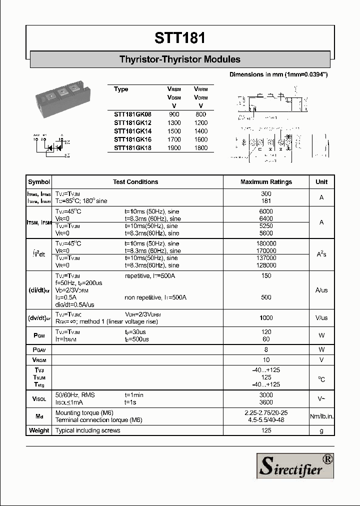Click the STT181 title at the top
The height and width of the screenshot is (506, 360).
pyautogui.click(x=179, y=38)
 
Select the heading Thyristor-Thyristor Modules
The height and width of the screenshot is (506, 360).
pyautogui.click(x=179, y=59)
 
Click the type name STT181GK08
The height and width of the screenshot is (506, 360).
pyautogui.click(x=132, y=114)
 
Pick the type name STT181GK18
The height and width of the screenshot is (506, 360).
pyautogui.click(x=132, y=148)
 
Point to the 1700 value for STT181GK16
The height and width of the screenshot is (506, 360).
pyautogui.click(x=174, y=139)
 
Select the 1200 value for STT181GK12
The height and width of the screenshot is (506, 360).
pyautogui.click(x=200, y=123)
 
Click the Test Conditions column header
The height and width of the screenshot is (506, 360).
pyautogui.click(x=135, y=182)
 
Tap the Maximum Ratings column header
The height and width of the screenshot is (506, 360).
pyautogui.click(x=266, y=182)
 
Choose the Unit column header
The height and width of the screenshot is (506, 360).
pyautogui.click(x=321, y=182)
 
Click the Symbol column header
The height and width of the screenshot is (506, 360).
pyautogui.click(x=39, y=182)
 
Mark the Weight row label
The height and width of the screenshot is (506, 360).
pyautogui.click(x=39, y=430)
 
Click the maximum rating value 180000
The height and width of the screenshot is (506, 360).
pyautogui.click(x=266, y=243)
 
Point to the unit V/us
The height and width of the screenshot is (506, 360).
pyautogui.click(x=321, y=318)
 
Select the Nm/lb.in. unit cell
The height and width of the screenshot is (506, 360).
pyautogui.click(x=321, y=416)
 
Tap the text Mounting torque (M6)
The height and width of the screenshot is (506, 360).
pyautogui.click(x=84, y=413)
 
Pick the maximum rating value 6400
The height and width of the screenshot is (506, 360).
pyautogui.click(x=266, y=218)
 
